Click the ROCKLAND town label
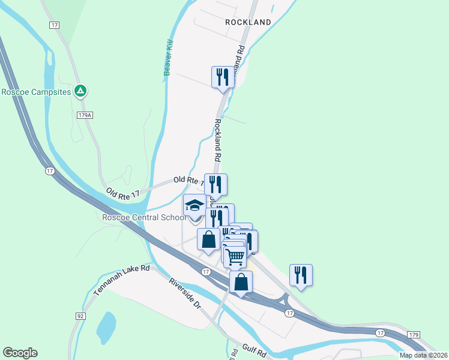coord(248,22)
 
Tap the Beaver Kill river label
coord(169,58)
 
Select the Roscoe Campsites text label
coord(36,92)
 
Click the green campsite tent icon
coord(80,91)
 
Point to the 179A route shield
coord(85,115)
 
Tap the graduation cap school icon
coord(194,206)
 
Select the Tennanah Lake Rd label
coord(121,280)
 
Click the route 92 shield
coord(80,315)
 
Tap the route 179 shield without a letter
coord(414,334)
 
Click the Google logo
coord(20,353)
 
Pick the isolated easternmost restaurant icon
coord(301,275)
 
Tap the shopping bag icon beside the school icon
coord(208,239)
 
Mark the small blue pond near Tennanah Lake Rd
coord(106,325)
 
